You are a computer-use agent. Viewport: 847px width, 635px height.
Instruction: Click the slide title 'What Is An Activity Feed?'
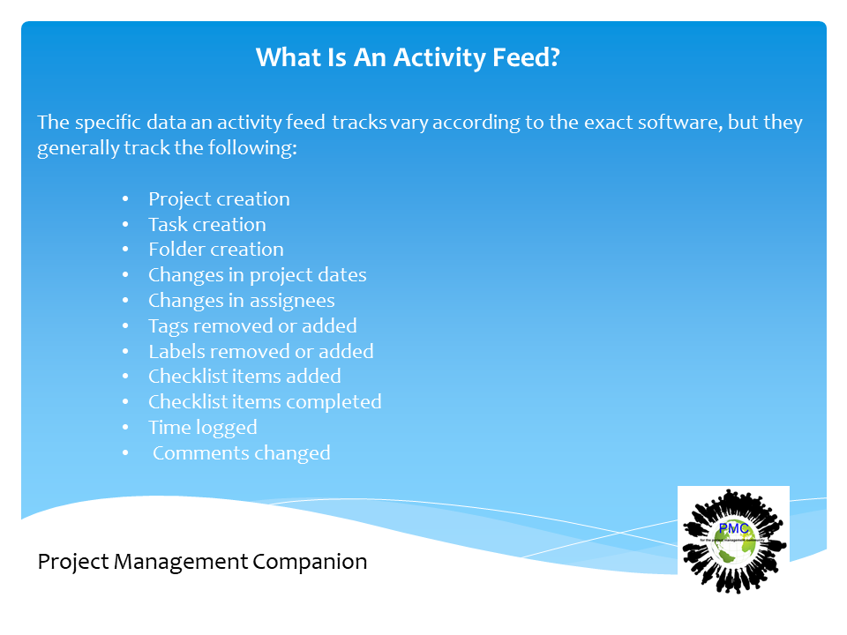click(408, 58)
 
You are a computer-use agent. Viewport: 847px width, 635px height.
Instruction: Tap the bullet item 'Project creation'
click(219, 199)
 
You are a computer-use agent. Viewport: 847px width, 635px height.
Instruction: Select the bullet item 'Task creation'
click(206, 225)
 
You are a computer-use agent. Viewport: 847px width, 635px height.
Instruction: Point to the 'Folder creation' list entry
click(215, 250)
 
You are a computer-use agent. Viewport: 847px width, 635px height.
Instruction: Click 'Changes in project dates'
click(257, 275)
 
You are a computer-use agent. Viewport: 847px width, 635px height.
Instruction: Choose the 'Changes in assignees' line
click(241, 301)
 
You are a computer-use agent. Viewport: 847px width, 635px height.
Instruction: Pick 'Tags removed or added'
click(252, 326)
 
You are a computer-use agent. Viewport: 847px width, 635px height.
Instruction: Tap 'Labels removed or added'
click(260, 351)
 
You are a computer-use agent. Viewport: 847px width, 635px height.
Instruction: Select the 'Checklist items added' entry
click(244, 377)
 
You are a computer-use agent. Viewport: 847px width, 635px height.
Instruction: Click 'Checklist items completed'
click(265, 402)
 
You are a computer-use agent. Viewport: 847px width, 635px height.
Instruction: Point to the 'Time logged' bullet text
click(202, 428)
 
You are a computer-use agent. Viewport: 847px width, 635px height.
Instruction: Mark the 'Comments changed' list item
click(241, 453)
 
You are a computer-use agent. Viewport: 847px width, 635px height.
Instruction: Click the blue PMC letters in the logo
click(733, 528)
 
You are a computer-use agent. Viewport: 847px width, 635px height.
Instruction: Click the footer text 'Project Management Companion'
click(202, 562)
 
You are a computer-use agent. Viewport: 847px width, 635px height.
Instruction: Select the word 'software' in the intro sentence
click(679, 123)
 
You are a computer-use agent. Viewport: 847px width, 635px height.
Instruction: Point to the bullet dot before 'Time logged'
click(126, 428)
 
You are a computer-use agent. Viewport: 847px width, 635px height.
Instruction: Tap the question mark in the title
click(553, 58)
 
